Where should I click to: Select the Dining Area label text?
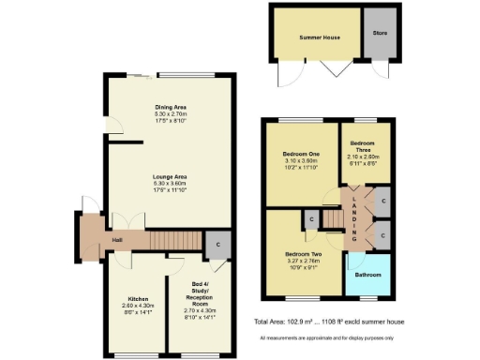pyautogui.click(x=170, y=107)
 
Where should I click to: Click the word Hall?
pyautogui.click(x=91, y=241)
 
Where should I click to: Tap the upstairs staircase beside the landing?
pyautogui.click(x=336, y=219)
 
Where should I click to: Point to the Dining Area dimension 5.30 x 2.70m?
pyautogui.click(x=170, y=113)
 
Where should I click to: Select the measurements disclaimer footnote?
pyautogui.click(x=326, y=337)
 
